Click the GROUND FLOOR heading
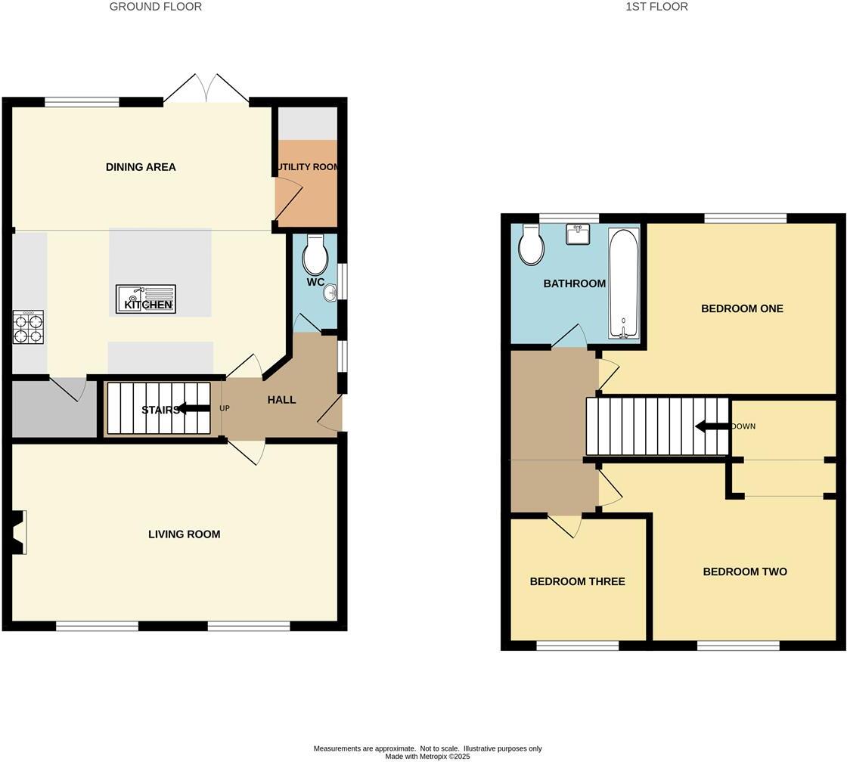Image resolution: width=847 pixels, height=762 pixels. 156,7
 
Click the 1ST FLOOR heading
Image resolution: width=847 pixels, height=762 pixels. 656,7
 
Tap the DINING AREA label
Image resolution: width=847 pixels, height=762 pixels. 141,167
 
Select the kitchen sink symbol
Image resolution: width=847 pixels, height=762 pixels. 145,299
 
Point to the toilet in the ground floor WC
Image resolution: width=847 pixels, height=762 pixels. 315,256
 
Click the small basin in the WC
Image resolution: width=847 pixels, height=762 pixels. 330,292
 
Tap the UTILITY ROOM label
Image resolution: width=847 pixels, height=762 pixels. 307,167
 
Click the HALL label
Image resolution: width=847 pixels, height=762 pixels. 281,400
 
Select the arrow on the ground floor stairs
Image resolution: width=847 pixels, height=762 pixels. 194,410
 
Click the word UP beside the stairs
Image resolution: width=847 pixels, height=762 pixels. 225,409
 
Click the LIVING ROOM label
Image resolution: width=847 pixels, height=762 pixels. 184,534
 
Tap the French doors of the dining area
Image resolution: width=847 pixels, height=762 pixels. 206,89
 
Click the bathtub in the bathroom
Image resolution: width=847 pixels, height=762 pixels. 624,283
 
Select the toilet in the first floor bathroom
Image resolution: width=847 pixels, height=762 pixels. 532,246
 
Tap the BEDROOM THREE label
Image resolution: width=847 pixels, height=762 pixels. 577,581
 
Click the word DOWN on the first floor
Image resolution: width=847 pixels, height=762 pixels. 744,426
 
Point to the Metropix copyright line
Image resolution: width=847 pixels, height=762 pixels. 427,756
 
